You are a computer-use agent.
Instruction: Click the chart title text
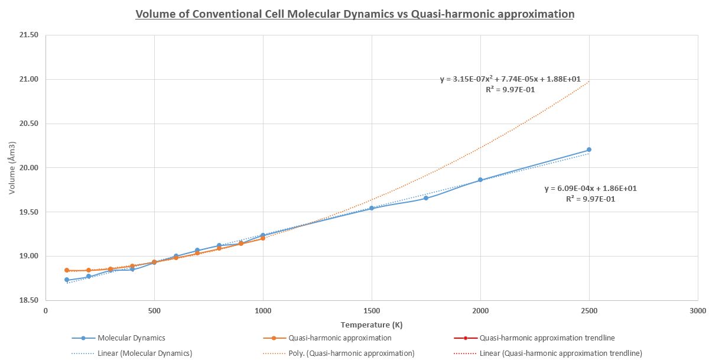click(x=354, y=14)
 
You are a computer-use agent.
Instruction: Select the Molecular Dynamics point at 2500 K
click(x=589, y=150)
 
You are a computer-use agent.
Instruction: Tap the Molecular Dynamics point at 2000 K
click(x=480, y=180)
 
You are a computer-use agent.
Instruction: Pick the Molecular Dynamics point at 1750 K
click(x=426, y=198)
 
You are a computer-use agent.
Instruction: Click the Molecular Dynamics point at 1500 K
click(x=372, y=208)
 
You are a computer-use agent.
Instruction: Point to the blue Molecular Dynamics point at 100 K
click(x=67, y=280)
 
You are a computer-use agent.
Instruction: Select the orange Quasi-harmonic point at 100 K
click(x=67, y=270)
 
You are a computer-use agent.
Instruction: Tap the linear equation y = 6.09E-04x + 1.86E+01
click(x=590, y=189)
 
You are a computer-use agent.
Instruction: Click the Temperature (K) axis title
click(x=372, y=325)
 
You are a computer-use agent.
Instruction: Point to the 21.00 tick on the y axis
click(x=28, y=79)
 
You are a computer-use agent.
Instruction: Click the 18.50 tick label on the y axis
click(x=28, y=301)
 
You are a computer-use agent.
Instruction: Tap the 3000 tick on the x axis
click(x=697, y=310)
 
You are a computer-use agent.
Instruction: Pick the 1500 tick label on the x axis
click(x=372, y=310)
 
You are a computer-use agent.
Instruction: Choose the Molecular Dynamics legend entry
click(x=131, y=338)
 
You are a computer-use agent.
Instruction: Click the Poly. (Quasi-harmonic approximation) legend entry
click(x=351, y=353)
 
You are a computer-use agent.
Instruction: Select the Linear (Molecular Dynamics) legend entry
click(x=145, y=353)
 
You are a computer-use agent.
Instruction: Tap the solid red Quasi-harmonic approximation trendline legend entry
click(x=547, y=338)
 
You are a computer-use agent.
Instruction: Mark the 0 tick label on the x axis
click(x=45, y=310)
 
